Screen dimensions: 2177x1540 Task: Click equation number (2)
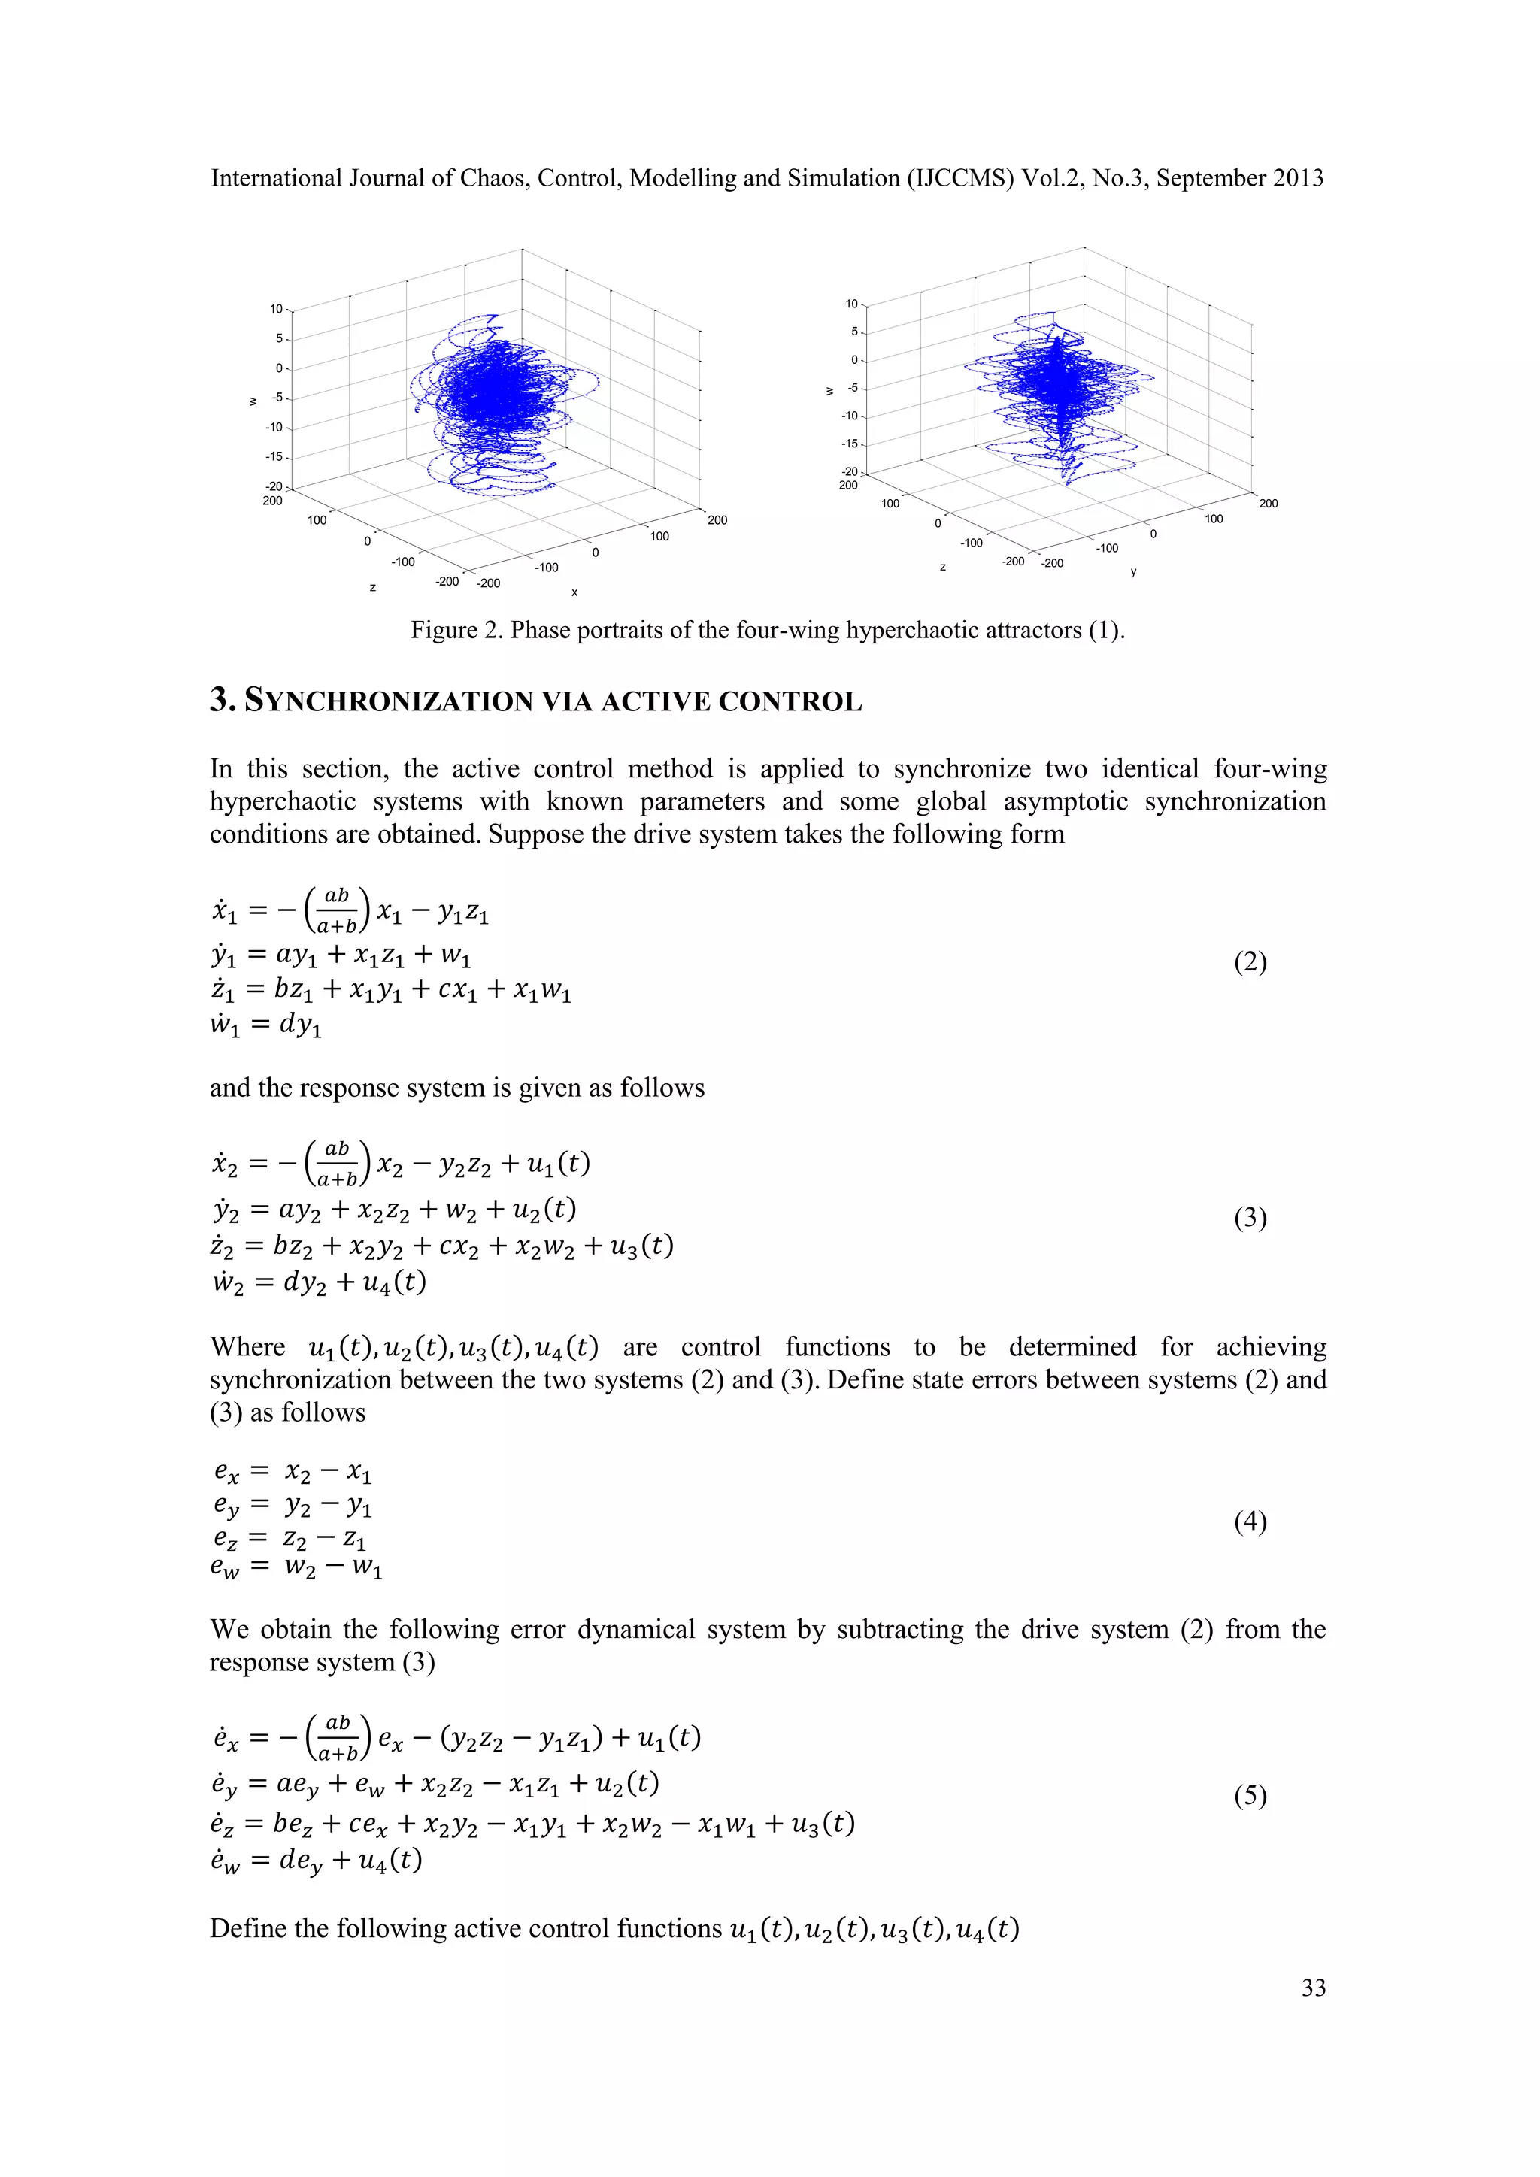[x=1250, y=962]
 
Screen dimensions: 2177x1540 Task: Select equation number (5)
[x=1250, y=1796]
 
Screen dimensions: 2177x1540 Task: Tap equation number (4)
[x=1250, y=1521]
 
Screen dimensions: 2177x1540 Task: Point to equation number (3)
[x=1250, y=1218]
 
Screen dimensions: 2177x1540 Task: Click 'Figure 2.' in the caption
[x=456, y=631]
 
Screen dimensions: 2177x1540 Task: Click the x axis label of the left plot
[x=574, y=592]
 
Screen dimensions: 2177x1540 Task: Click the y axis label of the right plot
[x=1133, y=572]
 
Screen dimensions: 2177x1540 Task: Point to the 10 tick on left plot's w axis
[x=276, y=309]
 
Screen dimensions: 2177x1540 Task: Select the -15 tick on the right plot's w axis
[x=850, y=444]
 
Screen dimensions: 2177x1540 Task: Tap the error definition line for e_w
[x=296, y=1567]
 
